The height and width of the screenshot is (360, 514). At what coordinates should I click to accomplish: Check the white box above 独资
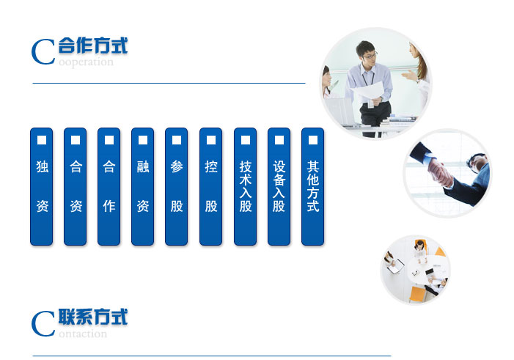pos(42,140)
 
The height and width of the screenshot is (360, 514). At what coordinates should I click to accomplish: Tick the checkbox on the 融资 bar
pos(143,140)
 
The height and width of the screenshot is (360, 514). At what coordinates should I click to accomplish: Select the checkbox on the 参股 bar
pos(177,140)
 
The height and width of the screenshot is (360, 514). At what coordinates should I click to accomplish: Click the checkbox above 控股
pos(211,140)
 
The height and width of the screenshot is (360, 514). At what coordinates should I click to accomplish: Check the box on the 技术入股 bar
pos(246,140)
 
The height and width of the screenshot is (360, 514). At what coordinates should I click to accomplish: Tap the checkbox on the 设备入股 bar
pos(279,140)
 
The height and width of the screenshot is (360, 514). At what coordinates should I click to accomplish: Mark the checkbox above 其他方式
pos(313,140)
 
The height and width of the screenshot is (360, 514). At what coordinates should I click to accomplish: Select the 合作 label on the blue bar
pos(109,186)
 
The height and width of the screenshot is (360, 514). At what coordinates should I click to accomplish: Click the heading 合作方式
pos(93,45)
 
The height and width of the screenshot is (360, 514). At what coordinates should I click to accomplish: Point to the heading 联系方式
pos(93,317)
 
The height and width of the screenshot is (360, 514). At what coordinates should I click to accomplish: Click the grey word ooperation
pos(87,62)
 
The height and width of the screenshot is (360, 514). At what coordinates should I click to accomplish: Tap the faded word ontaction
pos(83,334)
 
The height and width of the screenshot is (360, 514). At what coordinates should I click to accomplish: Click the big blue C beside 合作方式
pos(43,52)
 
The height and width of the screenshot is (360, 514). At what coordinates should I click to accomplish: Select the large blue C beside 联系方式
pos(43,324)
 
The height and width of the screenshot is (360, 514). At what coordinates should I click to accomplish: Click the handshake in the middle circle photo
pos(441,172)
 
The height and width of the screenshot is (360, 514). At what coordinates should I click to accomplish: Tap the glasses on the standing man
pos(370,55)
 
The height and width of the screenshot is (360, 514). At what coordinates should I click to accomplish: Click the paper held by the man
pos(367,91)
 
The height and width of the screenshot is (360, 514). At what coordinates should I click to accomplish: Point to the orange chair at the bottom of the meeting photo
pos(417,294)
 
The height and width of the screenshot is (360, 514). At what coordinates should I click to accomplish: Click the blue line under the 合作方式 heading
pos(169,84)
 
